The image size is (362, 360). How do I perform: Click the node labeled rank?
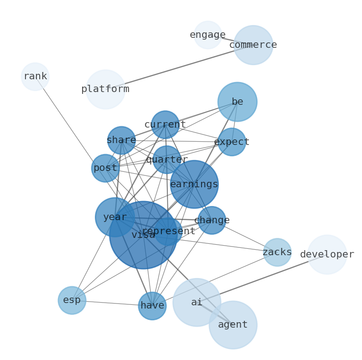[x=35, y=77]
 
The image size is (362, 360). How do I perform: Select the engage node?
[x=208, y=35]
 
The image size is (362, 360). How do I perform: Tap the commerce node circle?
[x=253, y=45]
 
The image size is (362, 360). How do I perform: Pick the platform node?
[x=105, y=89]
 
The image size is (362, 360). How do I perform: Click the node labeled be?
[x=238, y=102]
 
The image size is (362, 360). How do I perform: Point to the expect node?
[x=232, y=142]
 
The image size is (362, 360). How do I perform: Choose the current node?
[x=165, y=124]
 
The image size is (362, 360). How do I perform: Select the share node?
[x=121, y=140]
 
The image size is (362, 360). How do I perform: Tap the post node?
[x=105, y=168]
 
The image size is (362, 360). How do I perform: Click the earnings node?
[x=194, y=185]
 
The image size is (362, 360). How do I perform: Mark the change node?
[x=212, y=220]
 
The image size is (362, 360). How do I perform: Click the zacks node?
[x=277, y=252]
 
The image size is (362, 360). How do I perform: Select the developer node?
[x=327, y=255]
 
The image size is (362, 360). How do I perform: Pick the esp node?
[x=72, y=300]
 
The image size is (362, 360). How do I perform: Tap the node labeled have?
[x=152, y=306]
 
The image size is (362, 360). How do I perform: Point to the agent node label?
[x=233, y=325]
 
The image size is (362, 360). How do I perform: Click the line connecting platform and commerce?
[x=179, y=67]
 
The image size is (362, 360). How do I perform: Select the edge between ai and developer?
[x=262, y=278]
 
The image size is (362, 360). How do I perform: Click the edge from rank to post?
[x=70, y=122]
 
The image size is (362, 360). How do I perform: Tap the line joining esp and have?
[x=112, y=303]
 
